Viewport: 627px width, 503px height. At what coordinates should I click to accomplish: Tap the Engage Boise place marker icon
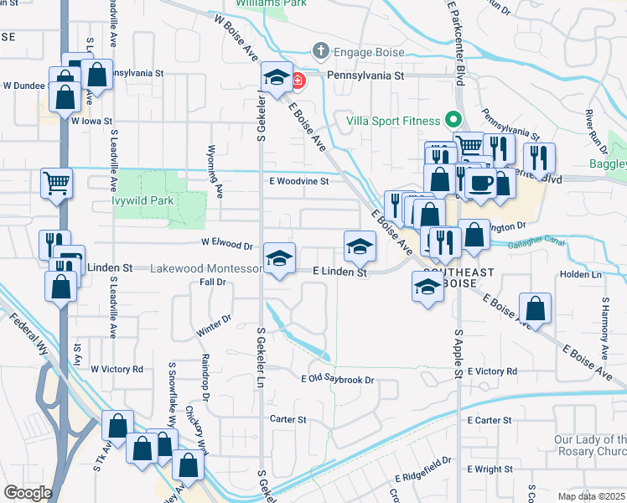coord(319,52)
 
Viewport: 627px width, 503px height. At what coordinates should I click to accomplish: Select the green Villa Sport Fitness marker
coord(453,119)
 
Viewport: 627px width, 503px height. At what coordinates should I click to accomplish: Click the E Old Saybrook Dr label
coord(337,380)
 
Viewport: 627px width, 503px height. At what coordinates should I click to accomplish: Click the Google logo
coord(28,493)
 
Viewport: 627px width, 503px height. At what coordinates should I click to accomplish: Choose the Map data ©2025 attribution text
coord(592,496)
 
